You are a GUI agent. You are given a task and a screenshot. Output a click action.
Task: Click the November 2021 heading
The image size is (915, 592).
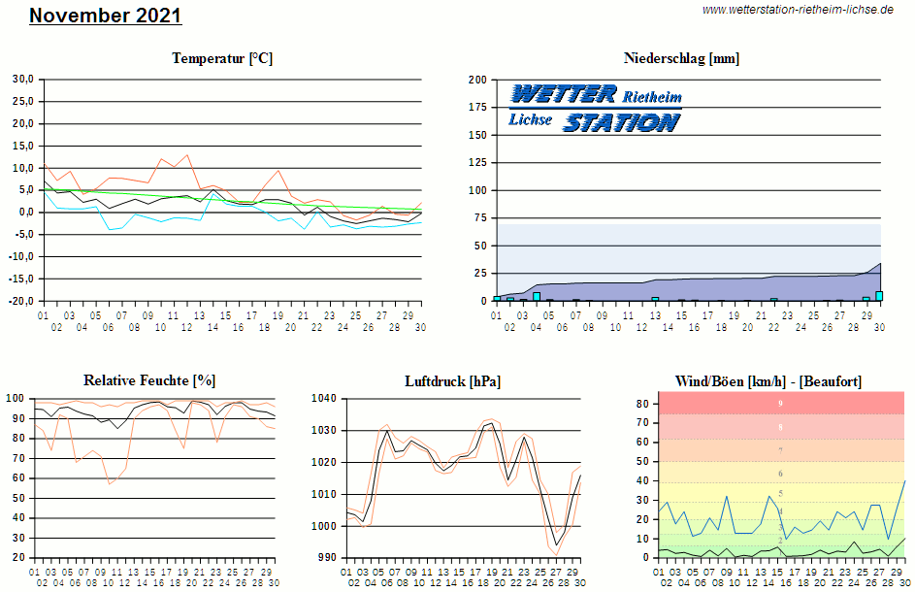(105, 16)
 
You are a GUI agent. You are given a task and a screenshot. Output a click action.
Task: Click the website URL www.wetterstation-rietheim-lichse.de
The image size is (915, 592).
(798, 9)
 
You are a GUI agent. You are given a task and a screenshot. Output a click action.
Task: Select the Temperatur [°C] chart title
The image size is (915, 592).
(222, 58)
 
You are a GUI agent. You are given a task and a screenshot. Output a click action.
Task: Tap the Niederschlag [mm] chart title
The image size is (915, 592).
(681, 58)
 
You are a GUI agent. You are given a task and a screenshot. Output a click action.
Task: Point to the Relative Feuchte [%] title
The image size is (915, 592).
(149, 380)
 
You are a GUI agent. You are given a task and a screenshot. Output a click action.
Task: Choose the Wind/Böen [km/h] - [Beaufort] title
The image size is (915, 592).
(768, 380)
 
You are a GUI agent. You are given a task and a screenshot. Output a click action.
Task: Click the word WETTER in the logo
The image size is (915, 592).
(564, 94)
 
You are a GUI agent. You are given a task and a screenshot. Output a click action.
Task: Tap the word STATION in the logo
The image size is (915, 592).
(621, 122)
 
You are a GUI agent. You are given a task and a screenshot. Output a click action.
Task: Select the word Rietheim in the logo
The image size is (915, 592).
(652, 97)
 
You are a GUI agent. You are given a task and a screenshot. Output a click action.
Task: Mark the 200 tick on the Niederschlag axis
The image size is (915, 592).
(477, 80)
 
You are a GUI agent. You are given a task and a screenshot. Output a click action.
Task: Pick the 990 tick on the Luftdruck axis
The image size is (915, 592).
(327, 558)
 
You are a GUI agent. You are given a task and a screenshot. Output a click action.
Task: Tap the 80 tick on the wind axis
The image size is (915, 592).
(641, 403)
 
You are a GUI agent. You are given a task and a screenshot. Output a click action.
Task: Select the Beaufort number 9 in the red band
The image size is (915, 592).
(780, 403)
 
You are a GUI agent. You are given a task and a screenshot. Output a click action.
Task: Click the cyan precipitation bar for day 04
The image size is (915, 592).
(537, 296)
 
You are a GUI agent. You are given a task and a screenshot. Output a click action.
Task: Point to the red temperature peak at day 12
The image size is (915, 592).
(187, 155)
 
